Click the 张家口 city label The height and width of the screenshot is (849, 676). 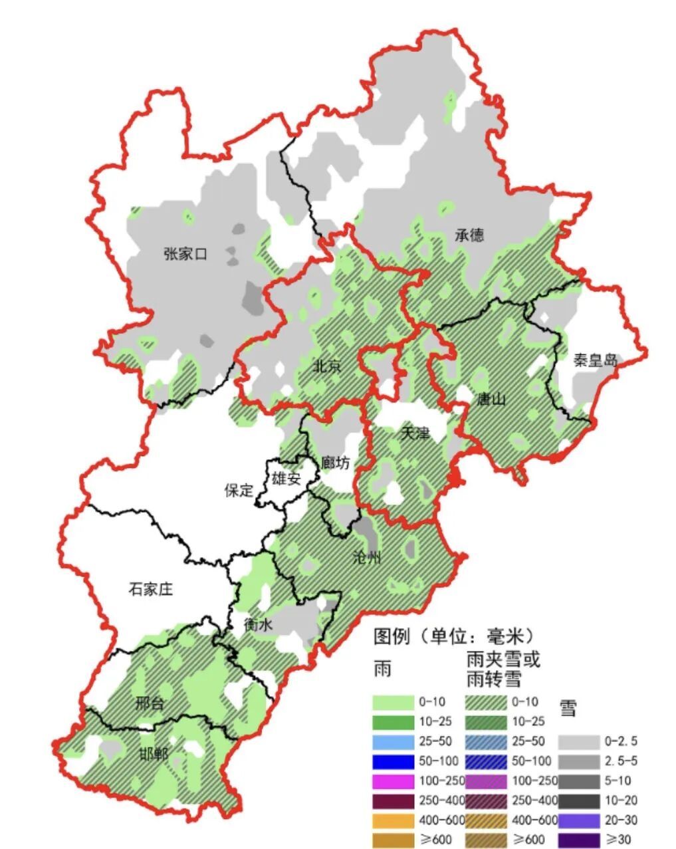click(185, 254)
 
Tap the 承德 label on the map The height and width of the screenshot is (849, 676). click(469, 235)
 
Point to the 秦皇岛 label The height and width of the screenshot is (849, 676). click(596, 361)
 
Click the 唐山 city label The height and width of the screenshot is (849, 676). click(492, 399)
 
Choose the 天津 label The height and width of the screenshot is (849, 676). click(416, 433)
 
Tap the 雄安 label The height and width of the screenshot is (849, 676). click(286, 478)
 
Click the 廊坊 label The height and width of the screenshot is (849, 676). click(334, 462)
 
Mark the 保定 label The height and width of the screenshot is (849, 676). click(239, 491)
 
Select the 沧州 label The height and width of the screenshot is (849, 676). click(367, 557)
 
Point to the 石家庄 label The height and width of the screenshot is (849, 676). click(150, 588)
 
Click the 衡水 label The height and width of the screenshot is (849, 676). click(258, 625)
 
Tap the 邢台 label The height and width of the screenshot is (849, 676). click(149, 703)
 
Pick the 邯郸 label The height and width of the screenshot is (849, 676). click(154, 754)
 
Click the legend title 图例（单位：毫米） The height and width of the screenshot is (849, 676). click(454, 636)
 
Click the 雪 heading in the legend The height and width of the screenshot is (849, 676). click(568, 708)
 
